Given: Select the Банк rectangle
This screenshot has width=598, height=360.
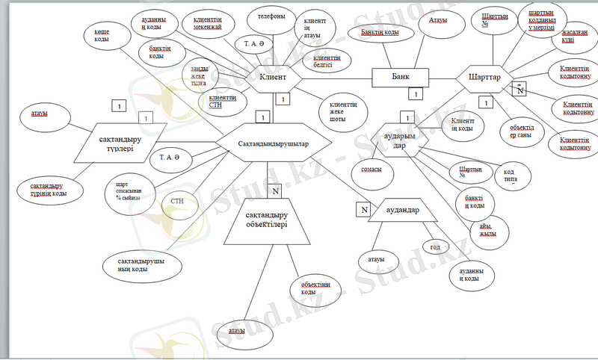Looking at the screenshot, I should pos(400,76).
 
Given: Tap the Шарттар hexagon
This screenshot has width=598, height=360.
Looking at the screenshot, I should pos(484,77).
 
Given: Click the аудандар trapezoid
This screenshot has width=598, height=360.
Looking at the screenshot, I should pos(407,211).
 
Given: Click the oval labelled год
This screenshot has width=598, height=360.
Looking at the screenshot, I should pos(435,246).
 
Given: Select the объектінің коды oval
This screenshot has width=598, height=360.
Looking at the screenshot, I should pos(316,288).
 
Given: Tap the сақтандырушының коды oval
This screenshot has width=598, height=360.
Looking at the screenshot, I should pos(141,265).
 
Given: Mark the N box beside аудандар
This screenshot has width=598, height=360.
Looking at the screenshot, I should pos(364,210).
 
